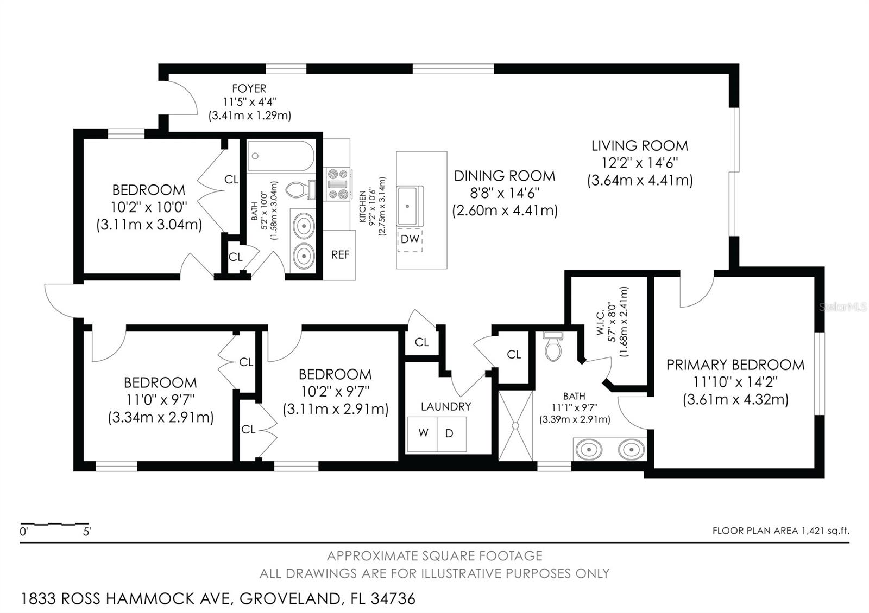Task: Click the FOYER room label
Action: coord(249,89)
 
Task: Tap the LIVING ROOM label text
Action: coord(640,146)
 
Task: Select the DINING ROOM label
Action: coord(505,176)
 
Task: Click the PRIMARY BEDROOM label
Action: coord(735,365)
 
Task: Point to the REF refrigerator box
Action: coord(339,255)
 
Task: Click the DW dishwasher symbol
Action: coord(410,239)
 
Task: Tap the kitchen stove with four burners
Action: coord(337,184)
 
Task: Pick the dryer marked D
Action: coord(451,433)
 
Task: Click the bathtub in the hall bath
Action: coord(281,156)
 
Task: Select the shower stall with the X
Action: coord(515,425)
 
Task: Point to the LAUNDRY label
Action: coord(446,406)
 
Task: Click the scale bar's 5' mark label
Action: coord(87,532)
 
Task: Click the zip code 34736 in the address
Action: coord(393,599)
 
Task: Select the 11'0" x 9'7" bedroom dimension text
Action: coord(160,399)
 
